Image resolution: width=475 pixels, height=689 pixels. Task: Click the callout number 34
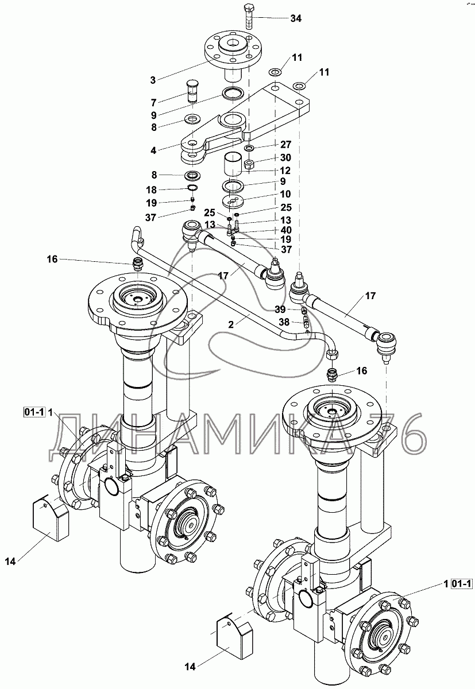(296, 18)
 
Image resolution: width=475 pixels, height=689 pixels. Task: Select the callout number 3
(153, 80)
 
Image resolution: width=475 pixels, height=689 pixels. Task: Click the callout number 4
(153, 150)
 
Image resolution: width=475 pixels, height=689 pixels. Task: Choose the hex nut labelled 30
(249, 164)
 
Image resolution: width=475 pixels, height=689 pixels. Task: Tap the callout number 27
(286, 144)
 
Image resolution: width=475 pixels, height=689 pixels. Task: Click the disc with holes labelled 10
(233, 201)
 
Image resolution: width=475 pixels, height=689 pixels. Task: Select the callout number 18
(152, 190)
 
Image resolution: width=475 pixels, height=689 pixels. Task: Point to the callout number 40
(286, 230)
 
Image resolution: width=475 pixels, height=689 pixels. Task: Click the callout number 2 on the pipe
(231, 324)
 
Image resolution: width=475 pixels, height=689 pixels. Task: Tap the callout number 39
(280, 309)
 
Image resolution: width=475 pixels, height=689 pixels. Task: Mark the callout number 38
(284, 322)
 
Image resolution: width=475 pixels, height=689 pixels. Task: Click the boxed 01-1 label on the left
(34, 412)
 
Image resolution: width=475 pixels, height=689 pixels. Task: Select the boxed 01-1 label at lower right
(461, 583)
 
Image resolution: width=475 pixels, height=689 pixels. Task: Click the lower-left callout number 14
(10, 562)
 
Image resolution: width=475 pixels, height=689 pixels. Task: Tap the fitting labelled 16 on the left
(136, 265)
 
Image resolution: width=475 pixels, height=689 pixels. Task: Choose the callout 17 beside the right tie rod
(370, 296)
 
